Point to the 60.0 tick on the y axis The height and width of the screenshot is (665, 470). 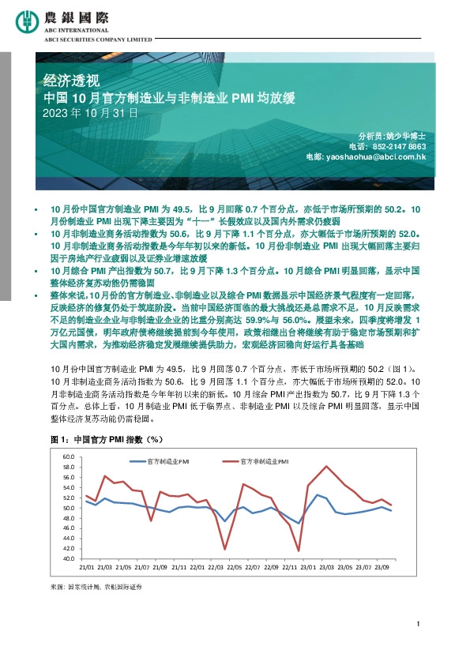[x=66, y=457]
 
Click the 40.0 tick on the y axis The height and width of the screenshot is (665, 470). [x=66, y=558]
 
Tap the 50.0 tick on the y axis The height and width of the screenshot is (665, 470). [x=66, y=508]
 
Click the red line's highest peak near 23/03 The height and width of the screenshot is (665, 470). [x=326, y=466]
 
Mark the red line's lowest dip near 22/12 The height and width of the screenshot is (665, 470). [x=299, y=550]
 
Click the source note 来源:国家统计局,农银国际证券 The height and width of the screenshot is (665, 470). [x=96, y=588]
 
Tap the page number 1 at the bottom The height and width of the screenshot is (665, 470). [x=416, y=626]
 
